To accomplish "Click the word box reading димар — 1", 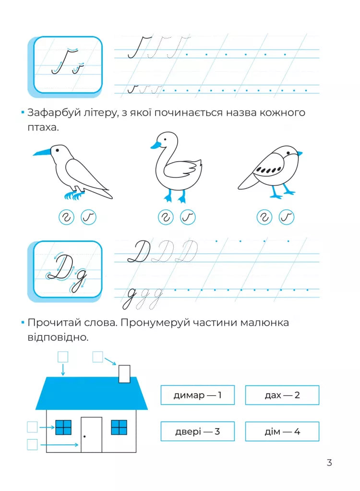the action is pyautogui.click(x=198, y=395).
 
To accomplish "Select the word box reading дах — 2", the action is pyautogui.click(x=282, y=395).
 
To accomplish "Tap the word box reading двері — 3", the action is pyautogui.click(x=198, y=431).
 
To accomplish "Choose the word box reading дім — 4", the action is pyautogui.click(x=282, y=431).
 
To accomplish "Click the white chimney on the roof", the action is pyautogui.click(x=124, y=373).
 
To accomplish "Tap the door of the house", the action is pyautogui.click(x=91, y=435).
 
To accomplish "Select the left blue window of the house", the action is pyautogui.click(x=63, y=428).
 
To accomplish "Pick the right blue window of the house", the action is pyautogui.click(x=119, y=428).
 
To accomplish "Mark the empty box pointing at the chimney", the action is pyautogui.click(x=97, y=357).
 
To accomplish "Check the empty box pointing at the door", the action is pyautogui.click(x=32, y=444).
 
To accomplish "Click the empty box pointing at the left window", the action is pyautogui.click(x=32, y=427).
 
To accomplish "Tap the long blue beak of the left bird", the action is pyautogui.click(x=42, y=153).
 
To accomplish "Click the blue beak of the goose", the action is pyautogui.click(x=156, y=145).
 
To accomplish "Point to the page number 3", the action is pyautogui.click(x=329, y=463).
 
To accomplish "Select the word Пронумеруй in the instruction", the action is pyautogui.click(x=155, y=323).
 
